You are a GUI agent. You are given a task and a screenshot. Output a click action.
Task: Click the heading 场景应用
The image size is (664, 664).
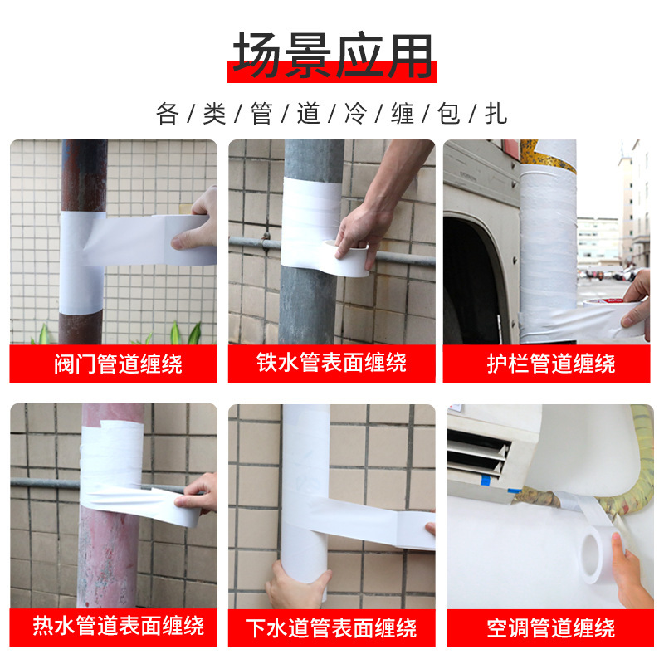tap(332, 56)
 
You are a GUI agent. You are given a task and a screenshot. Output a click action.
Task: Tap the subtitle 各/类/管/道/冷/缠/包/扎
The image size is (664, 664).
tap(332, 113)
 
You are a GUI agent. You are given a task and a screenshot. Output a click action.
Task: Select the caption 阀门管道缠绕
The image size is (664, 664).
tap(114, 364)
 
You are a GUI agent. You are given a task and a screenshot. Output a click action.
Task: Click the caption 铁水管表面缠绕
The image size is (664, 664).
tap(332, 364)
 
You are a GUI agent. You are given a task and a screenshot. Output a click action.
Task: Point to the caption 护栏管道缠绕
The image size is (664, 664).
tap(550, 364)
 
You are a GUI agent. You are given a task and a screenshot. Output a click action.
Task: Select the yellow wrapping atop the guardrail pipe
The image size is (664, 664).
tap(548, 154)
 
